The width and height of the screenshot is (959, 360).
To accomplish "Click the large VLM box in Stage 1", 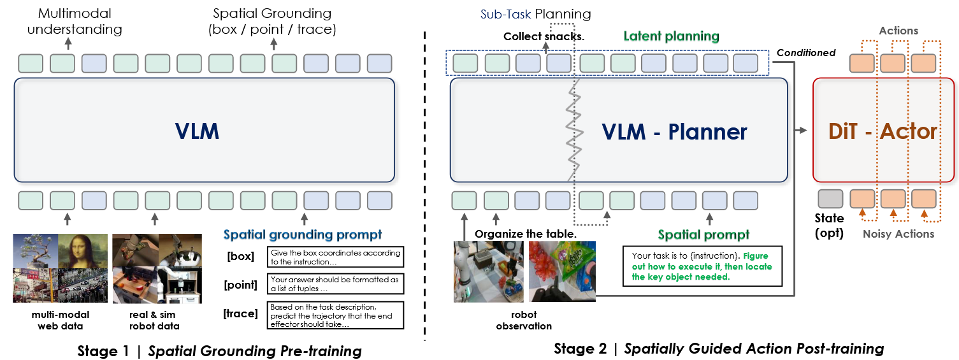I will [204, 131].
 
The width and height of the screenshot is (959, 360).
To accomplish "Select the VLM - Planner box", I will [618, 131].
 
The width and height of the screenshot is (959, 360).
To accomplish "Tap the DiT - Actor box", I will [883, 130].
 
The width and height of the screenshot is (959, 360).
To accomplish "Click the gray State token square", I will [830, 199].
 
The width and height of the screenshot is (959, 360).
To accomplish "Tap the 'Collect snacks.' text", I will [544, 36].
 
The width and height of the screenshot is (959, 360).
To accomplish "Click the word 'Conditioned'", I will [806, 53].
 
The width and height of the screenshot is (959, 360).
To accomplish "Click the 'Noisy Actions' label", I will [898, 234].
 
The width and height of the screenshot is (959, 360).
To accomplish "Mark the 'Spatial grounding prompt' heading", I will [303, 234].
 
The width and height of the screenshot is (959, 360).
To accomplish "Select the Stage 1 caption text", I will [219, 350].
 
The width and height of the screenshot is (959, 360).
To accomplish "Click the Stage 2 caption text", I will [719, 349].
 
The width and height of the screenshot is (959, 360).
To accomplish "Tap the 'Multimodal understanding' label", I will [75, 21].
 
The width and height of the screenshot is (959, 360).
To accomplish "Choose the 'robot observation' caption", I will [524, 320].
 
